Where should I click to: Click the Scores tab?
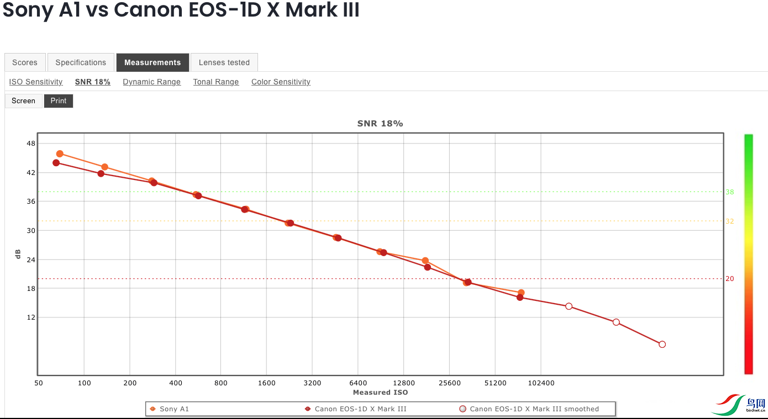[25, 62]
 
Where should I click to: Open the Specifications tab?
[81, 62]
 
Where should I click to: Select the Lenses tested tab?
[224, 62]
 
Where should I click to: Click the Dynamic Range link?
[151, 82]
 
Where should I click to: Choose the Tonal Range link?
[216, 82]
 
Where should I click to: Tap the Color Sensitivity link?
[281, 82]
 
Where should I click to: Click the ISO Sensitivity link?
[36, 82]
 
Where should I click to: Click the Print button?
[59, 100]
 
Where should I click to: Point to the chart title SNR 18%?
[380, 124]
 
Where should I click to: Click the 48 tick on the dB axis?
[30, 144]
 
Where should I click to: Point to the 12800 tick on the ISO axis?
[404, 383]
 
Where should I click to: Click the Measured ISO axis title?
[380, 393]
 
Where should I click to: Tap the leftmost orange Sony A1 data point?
[60, 154]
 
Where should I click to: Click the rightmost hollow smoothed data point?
[662, 344]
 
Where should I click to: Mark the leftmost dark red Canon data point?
[56, 163]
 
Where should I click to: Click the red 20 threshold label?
[730, 279]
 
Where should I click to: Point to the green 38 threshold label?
[730, 192]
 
